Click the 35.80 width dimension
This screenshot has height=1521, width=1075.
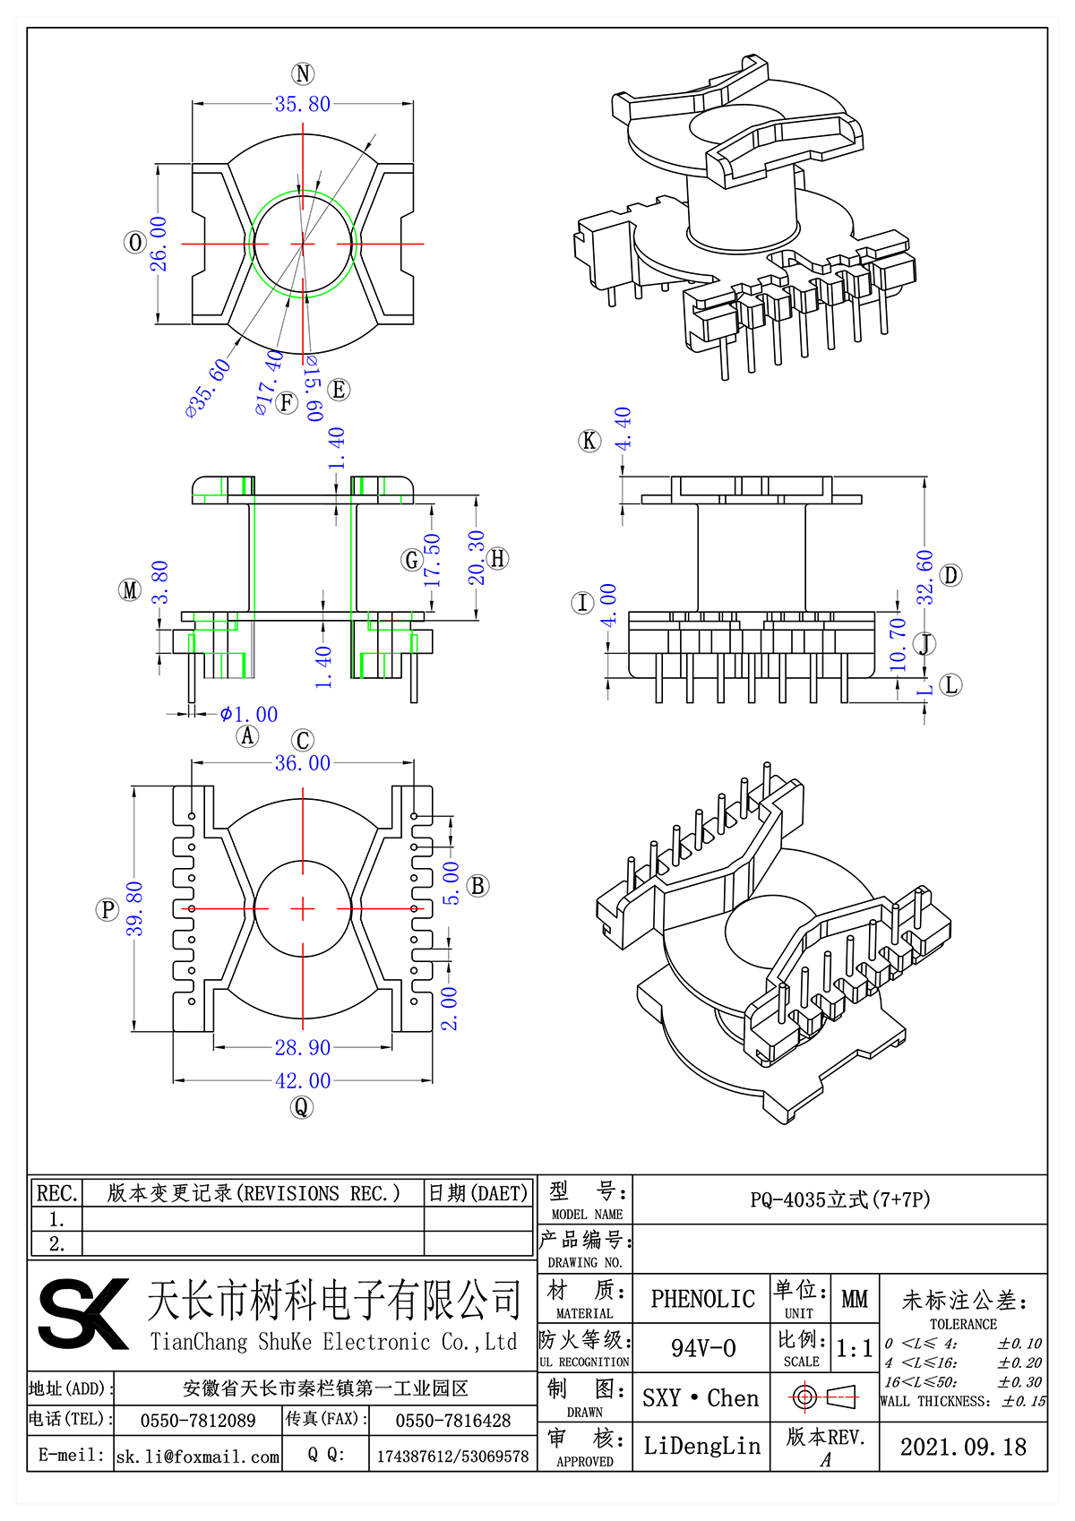[303, 105]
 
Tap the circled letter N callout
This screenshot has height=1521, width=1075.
[303, 74]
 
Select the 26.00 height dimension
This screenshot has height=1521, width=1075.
[159, 243]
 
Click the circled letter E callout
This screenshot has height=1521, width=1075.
[339, 390]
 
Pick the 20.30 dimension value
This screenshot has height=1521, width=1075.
[476, 557]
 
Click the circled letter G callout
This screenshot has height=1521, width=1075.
[411, 561]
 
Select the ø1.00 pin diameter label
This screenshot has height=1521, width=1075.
[249, 715]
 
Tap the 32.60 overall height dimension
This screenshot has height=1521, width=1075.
[924, 577]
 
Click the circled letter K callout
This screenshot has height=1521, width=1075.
[589, 441]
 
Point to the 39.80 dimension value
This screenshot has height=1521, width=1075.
[134, 909]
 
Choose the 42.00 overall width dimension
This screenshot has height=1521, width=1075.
[303, 1081]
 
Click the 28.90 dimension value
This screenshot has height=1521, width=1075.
[303, 1047]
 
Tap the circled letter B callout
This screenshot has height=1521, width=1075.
[478, 886]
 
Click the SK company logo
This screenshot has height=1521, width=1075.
[83, 1314]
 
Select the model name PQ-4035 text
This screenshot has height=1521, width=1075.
[840, 1200]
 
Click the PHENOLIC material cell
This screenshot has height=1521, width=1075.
[702, 1299]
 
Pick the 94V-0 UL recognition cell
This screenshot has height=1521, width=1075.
[702, 1348]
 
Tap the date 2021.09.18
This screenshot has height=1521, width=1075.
[963, 1447]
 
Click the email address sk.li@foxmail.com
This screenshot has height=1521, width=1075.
[198, 1457]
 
